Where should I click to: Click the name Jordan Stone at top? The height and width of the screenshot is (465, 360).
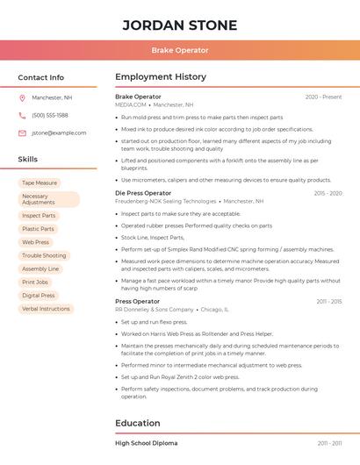coord(179,24)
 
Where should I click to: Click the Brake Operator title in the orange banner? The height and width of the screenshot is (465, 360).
coord(179,50)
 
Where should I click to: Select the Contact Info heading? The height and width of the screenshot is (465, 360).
coord(40,77)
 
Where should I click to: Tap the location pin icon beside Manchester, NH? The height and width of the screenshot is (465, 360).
coord(22,98)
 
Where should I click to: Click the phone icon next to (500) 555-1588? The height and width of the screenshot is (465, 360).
coord(22,116)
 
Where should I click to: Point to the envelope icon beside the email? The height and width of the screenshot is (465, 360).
coord(22,133)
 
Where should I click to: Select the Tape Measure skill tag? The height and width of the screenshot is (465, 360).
coord(40,183)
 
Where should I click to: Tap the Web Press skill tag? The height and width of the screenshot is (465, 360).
coord(36,242)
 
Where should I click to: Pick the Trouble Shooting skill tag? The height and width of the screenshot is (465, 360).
coord(44,255)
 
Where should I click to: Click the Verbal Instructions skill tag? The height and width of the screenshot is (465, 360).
coord(46,309)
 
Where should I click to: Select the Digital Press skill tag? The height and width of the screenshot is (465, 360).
coord(39,296)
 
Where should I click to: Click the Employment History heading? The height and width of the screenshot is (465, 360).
coord(161,77)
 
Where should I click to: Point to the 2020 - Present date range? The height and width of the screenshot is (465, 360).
coord(323,97)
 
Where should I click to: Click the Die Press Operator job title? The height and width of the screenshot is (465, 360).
coord(143,193)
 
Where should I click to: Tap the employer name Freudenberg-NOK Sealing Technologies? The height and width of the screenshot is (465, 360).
coord(166,201)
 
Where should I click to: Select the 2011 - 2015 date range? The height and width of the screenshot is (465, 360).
coord(329,302)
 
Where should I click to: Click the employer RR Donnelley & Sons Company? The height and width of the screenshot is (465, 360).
coord(155,310)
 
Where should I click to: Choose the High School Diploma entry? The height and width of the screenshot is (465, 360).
coord(146,444)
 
